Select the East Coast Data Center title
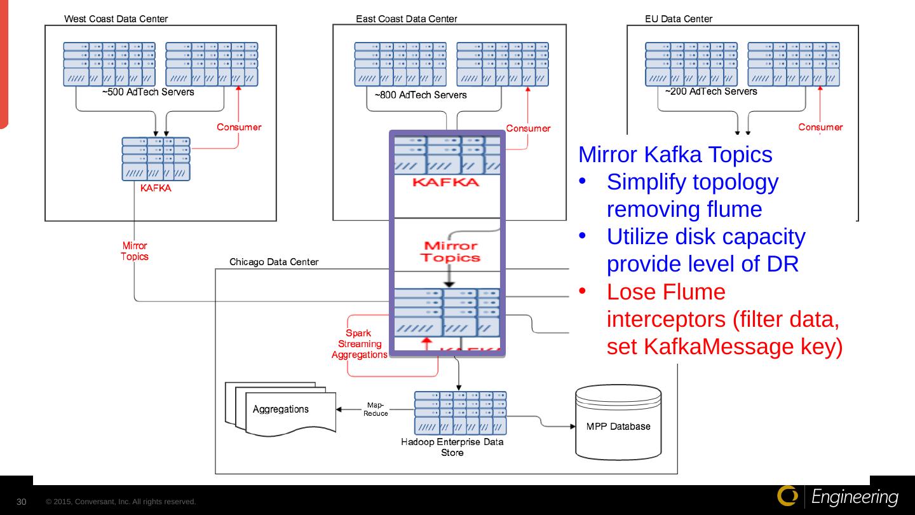coord(406,19)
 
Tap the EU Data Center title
coord(678,19)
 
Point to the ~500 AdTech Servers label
coord(148,92)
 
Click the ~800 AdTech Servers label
coord(421,95)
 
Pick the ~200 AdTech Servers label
coord(711,92)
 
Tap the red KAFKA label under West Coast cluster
coord(156,188)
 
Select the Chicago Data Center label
coord(274,262)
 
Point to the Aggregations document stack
coord(280,410)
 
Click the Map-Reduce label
coord(376,409)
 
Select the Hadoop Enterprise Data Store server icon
coord(461,413)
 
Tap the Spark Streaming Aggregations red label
coord(359,344)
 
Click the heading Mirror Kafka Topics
coord(675,154)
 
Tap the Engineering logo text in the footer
coord(855,497)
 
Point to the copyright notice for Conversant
coord(121,502)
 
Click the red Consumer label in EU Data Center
coord(820,127)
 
